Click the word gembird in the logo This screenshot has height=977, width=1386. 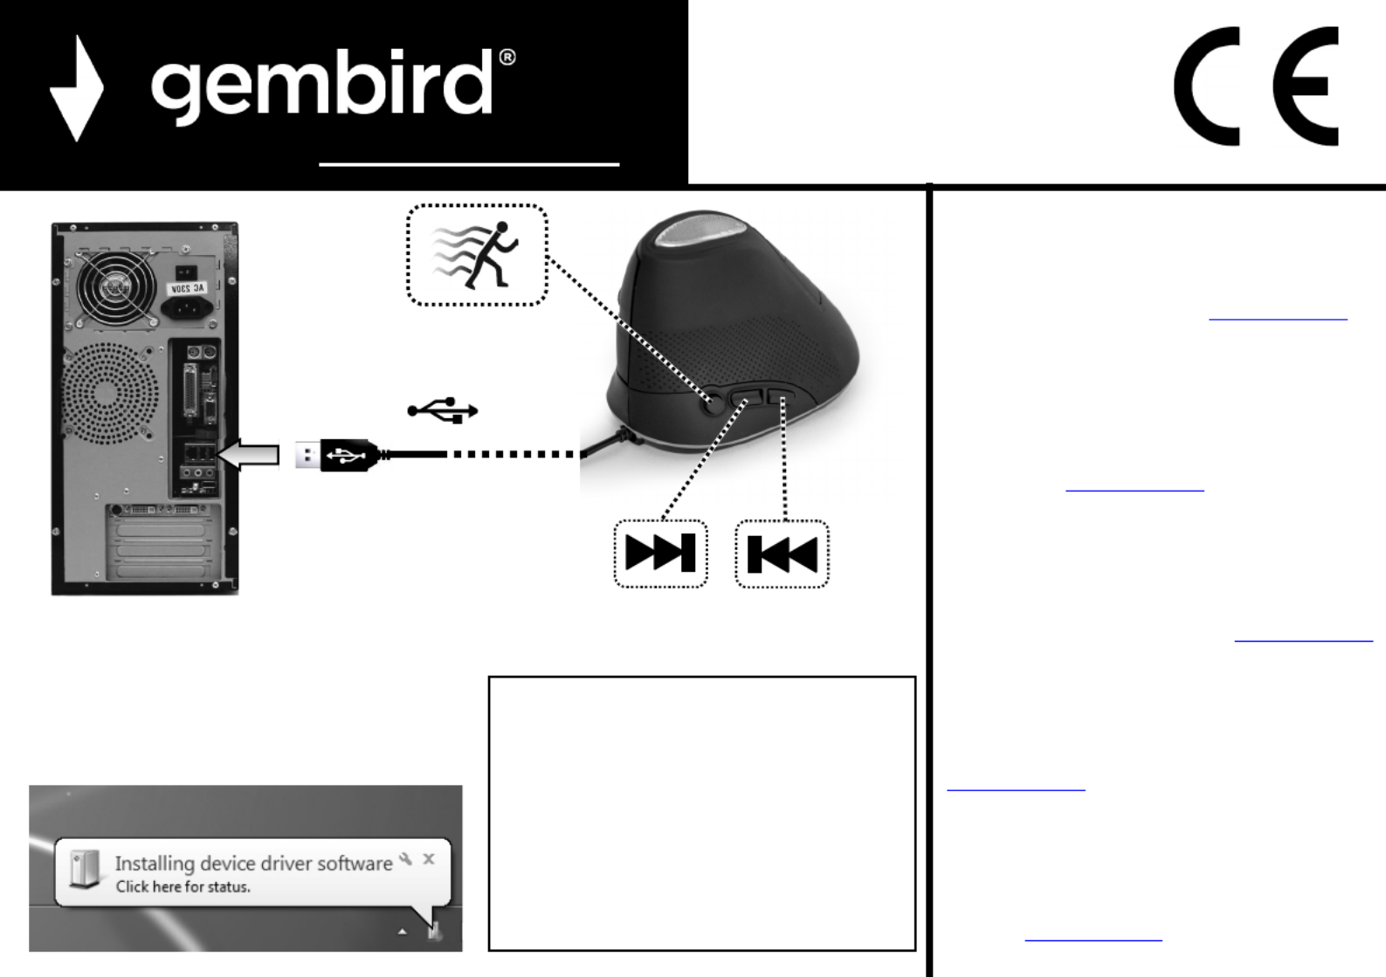(x=321, y=85)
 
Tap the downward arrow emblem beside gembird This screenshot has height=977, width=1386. (x=77, y=88)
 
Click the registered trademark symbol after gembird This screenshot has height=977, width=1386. (x=507, y=58)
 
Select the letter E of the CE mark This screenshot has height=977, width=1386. (x=1306, y=86)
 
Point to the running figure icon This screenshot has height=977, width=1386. (x=477, y=255)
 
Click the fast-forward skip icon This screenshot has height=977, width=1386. (x=660, y=554)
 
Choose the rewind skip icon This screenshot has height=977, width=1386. (x=782, y=554)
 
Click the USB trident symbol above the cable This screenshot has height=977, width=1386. (x=443, y=410)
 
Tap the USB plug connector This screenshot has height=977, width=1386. (x=336, y=455)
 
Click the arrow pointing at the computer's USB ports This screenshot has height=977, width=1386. (x=250, y=455)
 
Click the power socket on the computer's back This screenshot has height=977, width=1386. (x=186, y=307)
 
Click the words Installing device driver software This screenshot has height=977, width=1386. (x=253, y=863)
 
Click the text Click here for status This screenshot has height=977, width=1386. (x=183, y=887)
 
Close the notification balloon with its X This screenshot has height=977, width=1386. (x=429, y=859)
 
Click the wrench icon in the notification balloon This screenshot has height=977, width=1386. (x=406, y=859)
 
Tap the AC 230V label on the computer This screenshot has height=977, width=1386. (x=187, y=288)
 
